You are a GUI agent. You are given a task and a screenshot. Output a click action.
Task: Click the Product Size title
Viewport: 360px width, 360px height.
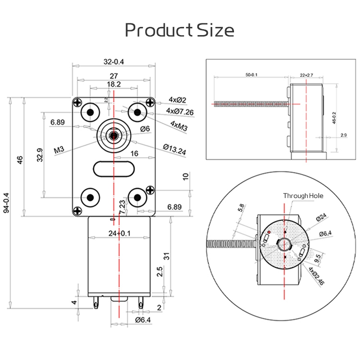tap(180, 30)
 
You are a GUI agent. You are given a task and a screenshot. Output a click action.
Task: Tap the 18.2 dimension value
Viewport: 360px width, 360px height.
tap(113, 84)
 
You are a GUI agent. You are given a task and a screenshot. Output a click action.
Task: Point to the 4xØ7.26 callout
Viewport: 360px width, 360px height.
tap(180, 111)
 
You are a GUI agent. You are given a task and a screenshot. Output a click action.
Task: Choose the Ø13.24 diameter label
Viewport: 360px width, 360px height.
tap(174, 149)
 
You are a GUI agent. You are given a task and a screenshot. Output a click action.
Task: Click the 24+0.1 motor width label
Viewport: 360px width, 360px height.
tap(119, 233)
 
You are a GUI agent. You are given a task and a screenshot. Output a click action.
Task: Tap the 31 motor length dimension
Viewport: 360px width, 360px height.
tap(166, 256)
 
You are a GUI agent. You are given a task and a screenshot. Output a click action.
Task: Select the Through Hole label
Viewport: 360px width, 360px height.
tap(303, 196)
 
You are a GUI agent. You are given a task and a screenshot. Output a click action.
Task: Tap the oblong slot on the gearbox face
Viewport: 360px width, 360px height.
tap(113, 170)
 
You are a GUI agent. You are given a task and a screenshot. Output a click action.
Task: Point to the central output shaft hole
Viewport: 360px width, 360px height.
tap(113, 134)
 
